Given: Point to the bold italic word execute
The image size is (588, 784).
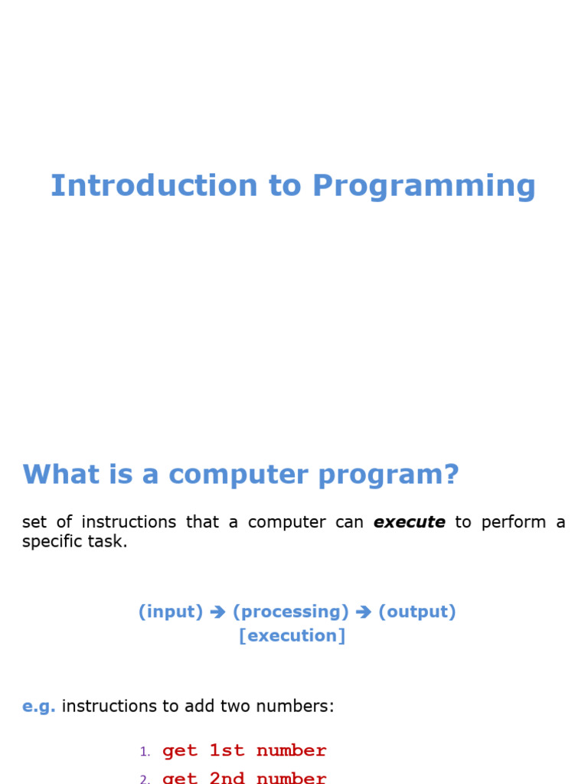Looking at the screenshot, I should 409,522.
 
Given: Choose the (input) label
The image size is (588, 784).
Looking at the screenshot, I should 171,612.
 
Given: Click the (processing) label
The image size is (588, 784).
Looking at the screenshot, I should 290,612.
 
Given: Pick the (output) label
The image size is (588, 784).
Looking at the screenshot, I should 417,612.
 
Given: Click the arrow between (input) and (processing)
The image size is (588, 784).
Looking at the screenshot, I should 217,612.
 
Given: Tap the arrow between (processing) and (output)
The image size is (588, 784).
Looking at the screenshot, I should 364,612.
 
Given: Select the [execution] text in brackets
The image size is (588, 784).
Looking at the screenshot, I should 292,635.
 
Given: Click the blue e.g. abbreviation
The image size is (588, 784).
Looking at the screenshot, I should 38,706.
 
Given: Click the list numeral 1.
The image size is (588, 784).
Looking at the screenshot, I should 145,752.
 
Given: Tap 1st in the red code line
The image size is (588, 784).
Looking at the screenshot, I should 227,751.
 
